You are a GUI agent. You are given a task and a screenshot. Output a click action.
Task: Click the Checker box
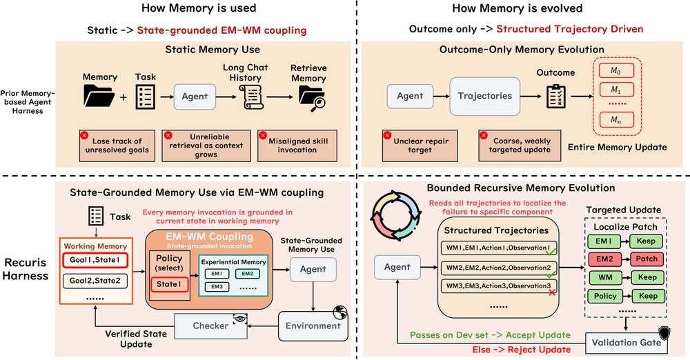210,326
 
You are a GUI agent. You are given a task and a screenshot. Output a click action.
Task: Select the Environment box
313,326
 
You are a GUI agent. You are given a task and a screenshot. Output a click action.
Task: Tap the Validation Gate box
627,342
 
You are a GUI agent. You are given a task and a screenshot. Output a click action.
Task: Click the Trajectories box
485,96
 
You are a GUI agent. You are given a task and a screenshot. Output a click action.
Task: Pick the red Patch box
647,259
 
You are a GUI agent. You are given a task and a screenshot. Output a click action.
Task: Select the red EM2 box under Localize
604,259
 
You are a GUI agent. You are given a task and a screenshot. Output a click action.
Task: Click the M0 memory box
615,70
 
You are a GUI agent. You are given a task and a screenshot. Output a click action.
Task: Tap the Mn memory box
615,120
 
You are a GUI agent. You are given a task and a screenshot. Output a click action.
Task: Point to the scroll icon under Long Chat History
251,97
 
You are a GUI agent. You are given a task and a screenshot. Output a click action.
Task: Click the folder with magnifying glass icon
312,98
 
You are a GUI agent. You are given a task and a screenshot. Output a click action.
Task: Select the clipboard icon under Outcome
555,95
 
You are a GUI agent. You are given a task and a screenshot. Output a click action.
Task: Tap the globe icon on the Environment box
341,312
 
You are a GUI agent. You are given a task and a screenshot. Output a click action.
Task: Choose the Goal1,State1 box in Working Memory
95,260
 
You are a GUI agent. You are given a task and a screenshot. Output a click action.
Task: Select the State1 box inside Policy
169,284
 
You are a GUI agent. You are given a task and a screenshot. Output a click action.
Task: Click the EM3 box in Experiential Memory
217,286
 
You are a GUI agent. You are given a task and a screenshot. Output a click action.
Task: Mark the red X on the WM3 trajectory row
552,292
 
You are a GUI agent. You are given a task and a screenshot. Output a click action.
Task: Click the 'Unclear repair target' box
420,146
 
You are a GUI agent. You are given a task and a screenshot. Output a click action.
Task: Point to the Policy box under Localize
605,296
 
